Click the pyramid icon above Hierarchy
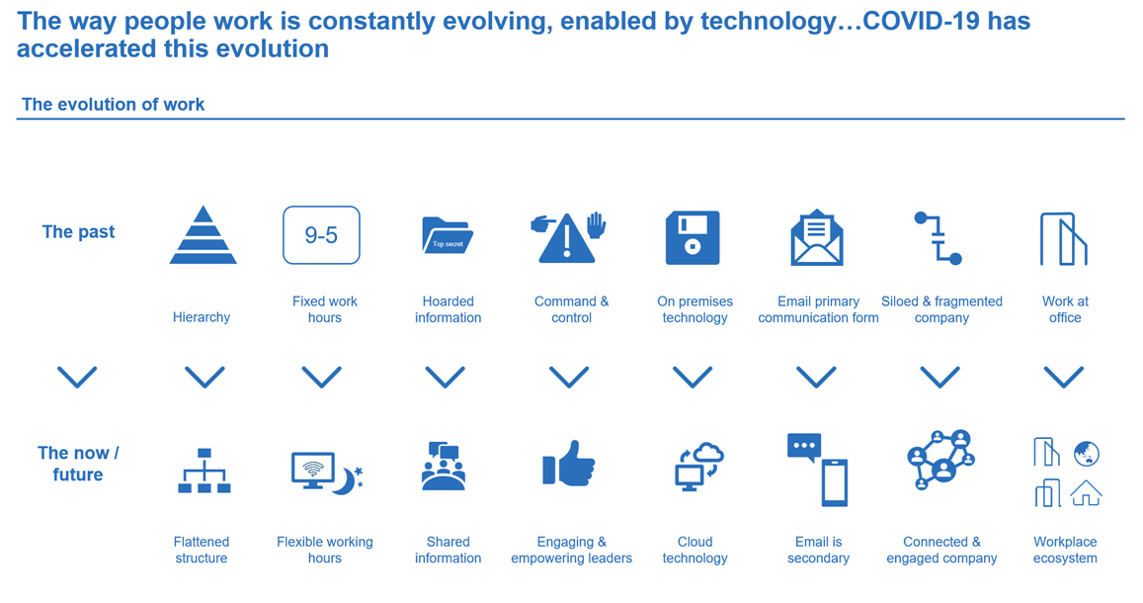pos(204,235)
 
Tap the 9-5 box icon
pos(321,235)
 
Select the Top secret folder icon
pos(447,235)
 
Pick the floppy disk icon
pos(693,237)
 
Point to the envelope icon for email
pos(817,237)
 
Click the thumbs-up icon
pos(569,464)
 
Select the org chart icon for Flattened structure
pos(204,471)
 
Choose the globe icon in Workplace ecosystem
pos(1086,454)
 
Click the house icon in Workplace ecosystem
pos(1086,493)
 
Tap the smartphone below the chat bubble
pos(835,482)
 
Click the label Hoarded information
pos(449,309)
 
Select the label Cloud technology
pos(694,550)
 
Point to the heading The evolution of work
pos(113,104)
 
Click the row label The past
pos(79,232)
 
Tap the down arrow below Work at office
pos(1064,377)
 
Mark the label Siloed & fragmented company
pos(941,309)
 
